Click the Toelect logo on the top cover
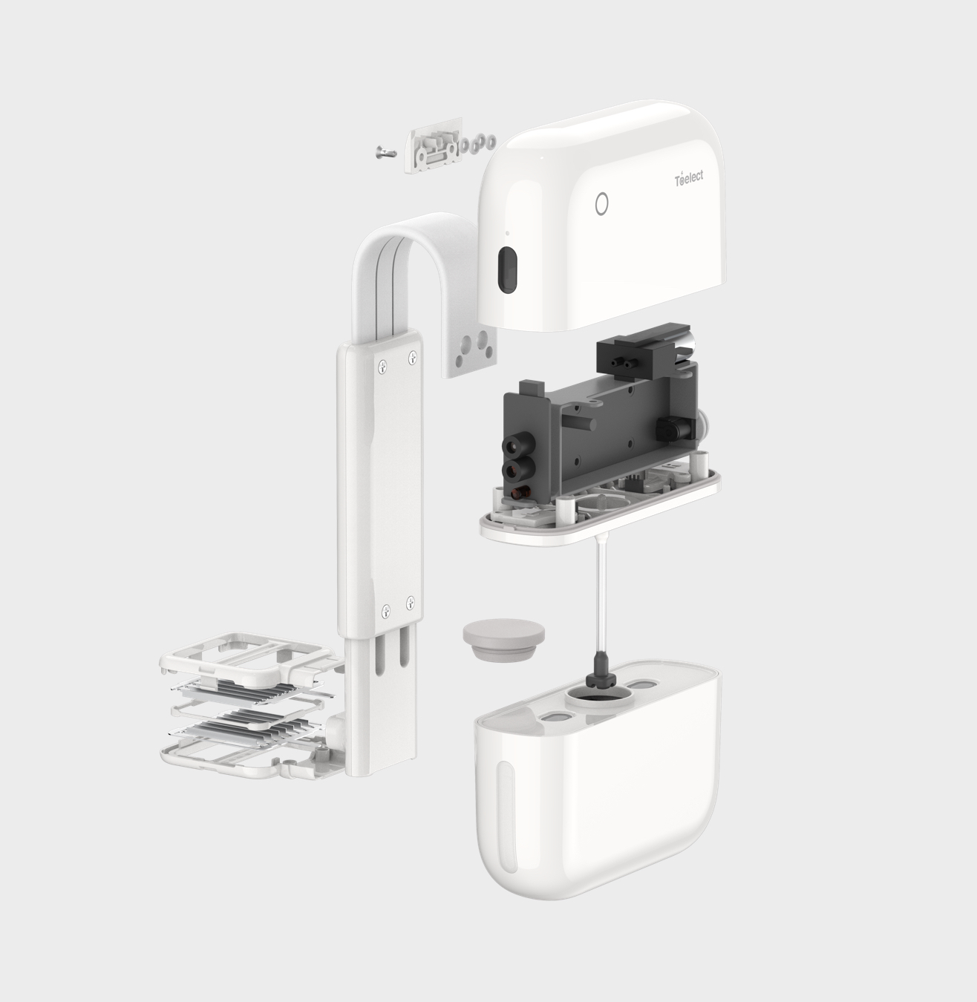(689, 179)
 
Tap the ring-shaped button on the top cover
(601, 204)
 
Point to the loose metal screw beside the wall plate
(386, 152)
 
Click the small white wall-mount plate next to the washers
(434, 146)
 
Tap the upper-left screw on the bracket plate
(382, 367)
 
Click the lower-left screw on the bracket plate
(386, 612)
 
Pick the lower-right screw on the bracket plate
(411, 602)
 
